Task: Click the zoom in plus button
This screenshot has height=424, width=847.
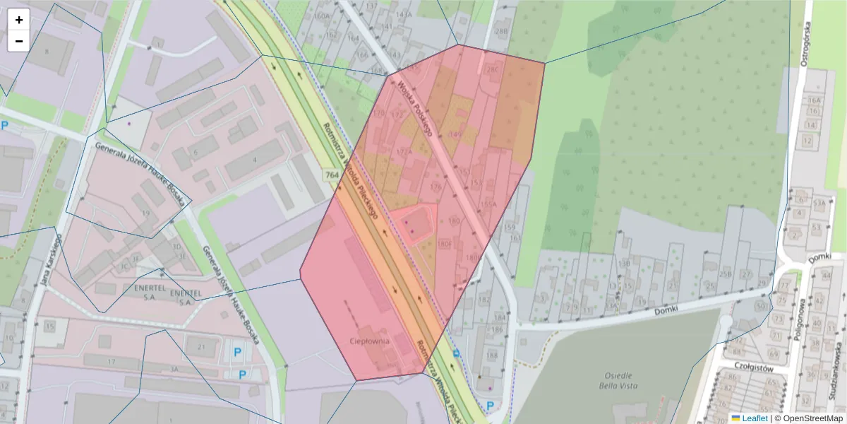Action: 19,20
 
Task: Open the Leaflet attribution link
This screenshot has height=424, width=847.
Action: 755,418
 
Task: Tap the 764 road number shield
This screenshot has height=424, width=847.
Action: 332,174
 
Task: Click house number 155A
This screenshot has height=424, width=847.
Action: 488,204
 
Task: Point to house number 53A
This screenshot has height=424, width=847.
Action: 819,203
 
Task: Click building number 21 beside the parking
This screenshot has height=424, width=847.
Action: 201,346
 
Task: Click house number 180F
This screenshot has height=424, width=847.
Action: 444,244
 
